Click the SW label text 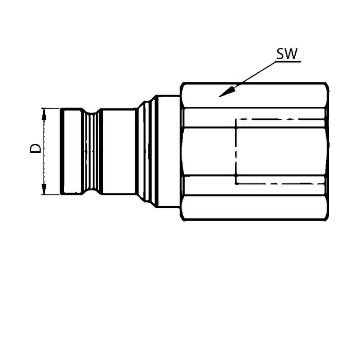(x=287, y=54)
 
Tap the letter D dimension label (x=35, y=148)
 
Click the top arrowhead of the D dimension (x=44, y=114)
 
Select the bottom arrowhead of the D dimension (x=44, y=189)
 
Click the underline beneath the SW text (x=287, y=62)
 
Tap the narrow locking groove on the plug (x=91, y=151)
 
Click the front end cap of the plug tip (x=71, y=151)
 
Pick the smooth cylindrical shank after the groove (x=118, y=151)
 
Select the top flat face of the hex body (x=255, y=95)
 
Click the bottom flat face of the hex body (x=255, y=208)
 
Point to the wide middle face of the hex (x=255, y=151)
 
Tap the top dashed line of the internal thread (x=280, y=119)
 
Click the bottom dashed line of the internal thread (x=280, y=184)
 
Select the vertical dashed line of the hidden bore (x=236, y=151)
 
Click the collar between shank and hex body (x=168, y=151)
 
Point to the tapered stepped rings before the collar (x=146, y=151)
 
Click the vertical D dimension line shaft (x=44, y=151)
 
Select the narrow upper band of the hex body (x=255, y=118)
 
